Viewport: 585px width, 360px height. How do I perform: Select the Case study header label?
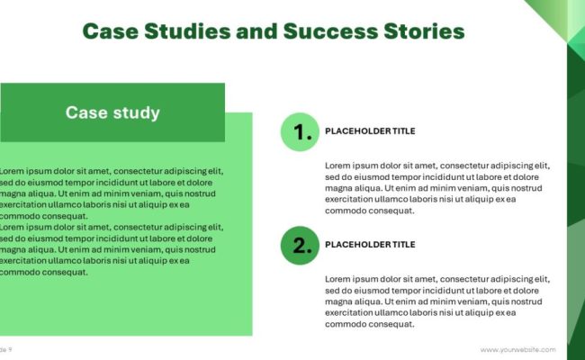click(x=112, y=112)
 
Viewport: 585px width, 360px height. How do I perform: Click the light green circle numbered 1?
click(x=300, y=131)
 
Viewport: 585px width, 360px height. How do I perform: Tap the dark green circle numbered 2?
click(x=300, y=244)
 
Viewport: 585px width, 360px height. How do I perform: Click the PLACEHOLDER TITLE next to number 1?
click(x=370, y=131)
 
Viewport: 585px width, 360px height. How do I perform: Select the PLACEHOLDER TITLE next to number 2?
click(x=370, y=244)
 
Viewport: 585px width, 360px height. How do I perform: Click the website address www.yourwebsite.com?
click(x=517, y=349)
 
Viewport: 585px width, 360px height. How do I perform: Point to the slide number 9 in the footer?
click(x=9, y=349)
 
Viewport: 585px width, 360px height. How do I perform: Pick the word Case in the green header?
click(x=85, y=112)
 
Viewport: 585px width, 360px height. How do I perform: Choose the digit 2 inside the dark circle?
click(x=301, y=244)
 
